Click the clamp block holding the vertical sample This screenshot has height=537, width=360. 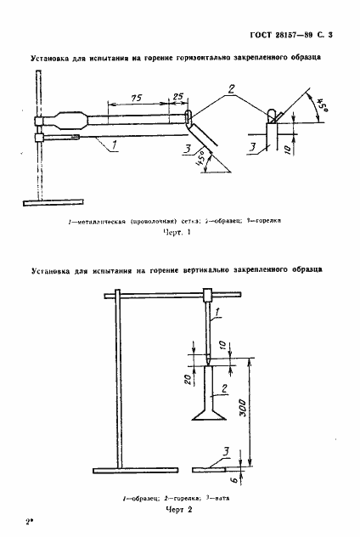coord(208,296)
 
